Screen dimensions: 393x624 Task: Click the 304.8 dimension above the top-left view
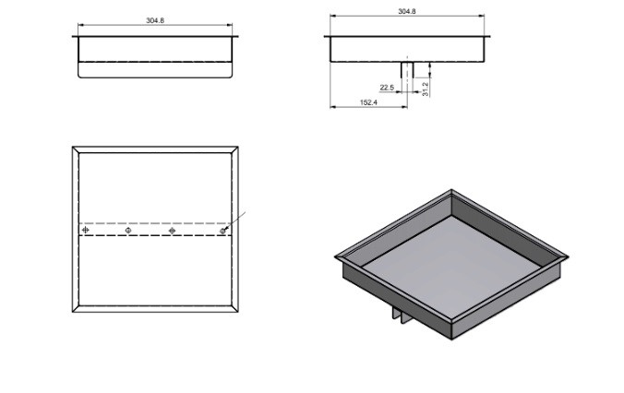pos(155,19)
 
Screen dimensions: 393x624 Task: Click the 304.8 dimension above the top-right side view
pos(406,11)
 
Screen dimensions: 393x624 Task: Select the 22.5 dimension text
pos(387,87)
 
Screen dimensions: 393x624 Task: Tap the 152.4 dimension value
pos(368,102)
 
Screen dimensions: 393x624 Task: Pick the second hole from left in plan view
pos(128,230)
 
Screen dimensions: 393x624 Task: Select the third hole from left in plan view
pos(173,230)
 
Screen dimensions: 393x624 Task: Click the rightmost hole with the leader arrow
pos(223,230)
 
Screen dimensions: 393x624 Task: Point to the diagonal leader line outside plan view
pos(238,219)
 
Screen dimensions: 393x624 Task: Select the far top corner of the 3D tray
pos(450,191)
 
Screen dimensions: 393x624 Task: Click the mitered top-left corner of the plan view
pos(76,148)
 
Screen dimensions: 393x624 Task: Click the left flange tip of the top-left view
pos(73,36)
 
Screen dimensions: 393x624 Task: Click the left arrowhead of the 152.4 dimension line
pos(333,107)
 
